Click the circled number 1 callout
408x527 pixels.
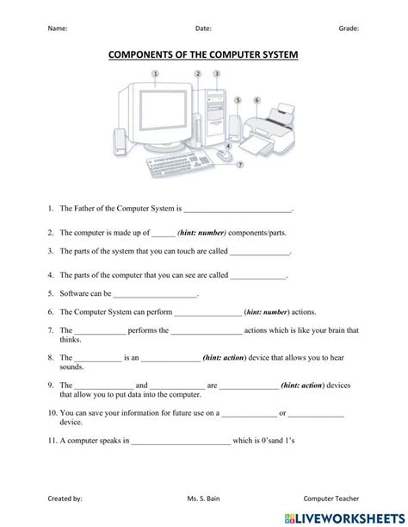155,74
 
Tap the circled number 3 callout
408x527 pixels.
217,74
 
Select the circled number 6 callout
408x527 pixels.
257,100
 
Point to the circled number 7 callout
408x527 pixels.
240,164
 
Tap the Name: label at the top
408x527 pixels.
58,28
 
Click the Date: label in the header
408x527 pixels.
203,28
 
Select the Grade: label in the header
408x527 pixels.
349,28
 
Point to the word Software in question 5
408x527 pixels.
74,294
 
